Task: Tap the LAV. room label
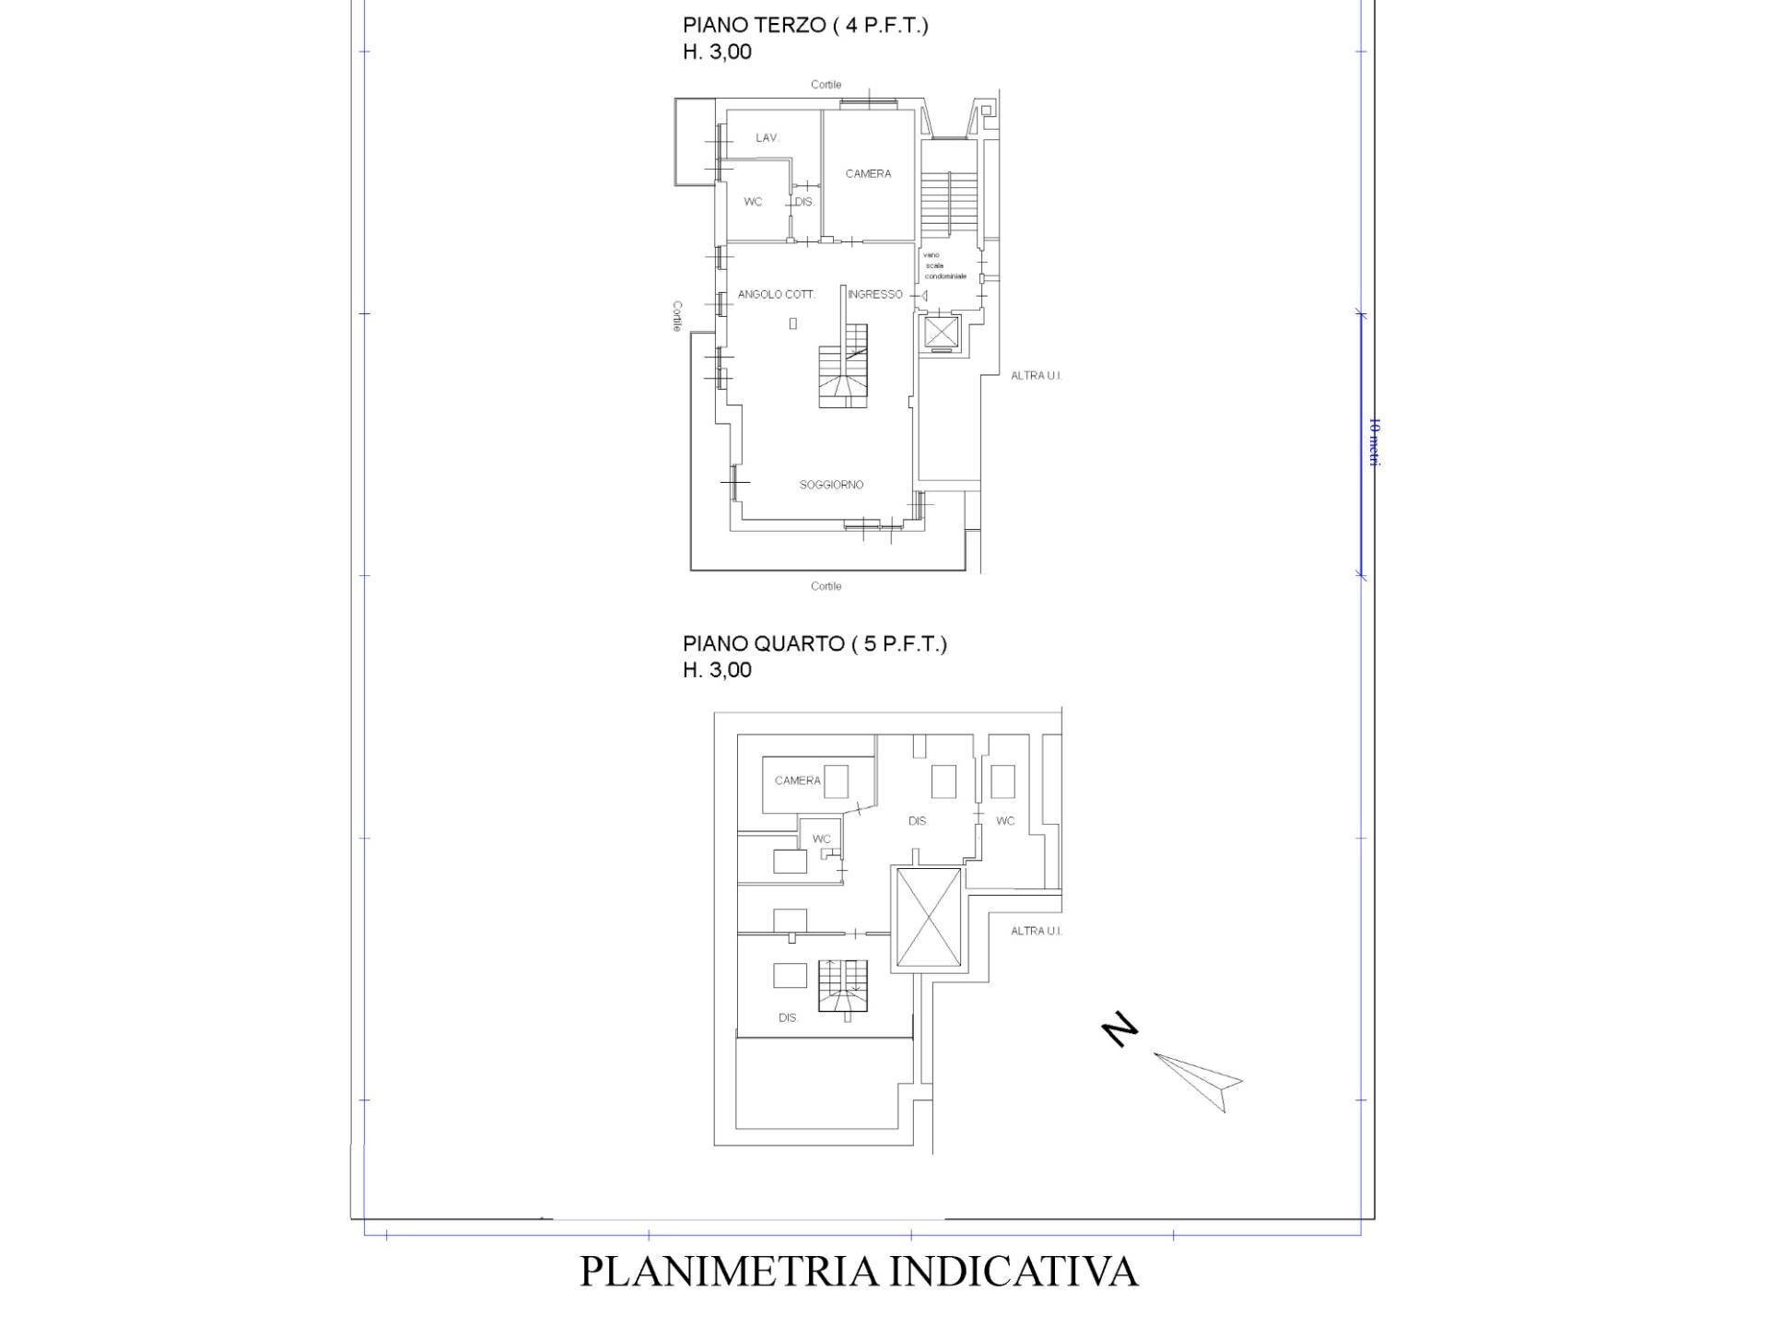click(x=767, y=138)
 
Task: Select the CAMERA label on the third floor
click(x=868, y=174)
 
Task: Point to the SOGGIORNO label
click(x=831, y=485)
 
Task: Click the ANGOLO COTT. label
click(x=776, y=295)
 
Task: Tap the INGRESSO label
click(x=874, y=295)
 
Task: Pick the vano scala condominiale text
click(x=944, y=265)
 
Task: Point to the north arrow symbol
click(x=1197, y=1079)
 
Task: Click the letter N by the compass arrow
click(x=1120, y=1029)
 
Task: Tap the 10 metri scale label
click(x=1374, y=442)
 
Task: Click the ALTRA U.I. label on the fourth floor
click(x=1036, y=931)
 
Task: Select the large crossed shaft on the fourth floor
click(x=929, y=918)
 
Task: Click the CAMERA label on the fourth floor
click(x=797, y=781)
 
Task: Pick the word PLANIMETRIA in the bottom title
click(x=728, y=1271)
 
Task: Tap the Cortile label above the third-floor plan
click(x=826, y=85)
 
